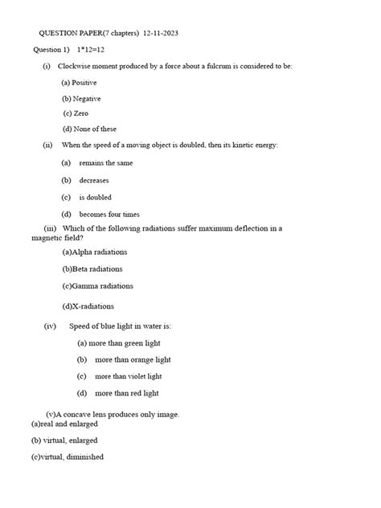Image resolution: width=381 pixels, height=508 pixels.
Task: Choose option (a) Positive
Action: [x=79, y=83]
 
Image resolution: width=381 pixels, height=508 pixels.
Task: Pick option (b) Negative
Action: [x=81, y=98]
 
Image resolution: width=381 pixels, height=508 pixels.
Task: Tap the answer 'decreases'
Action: [x=95, y=180]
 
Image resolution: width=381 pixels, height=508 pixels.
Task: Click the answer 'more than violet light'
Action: [x=128, y=376]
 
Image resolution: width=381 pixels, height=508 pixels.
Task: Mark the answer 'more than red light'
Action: [x=126, y=393]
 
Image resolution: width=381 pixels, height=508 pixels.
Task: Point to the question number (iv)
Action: [x=50, y=326]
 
